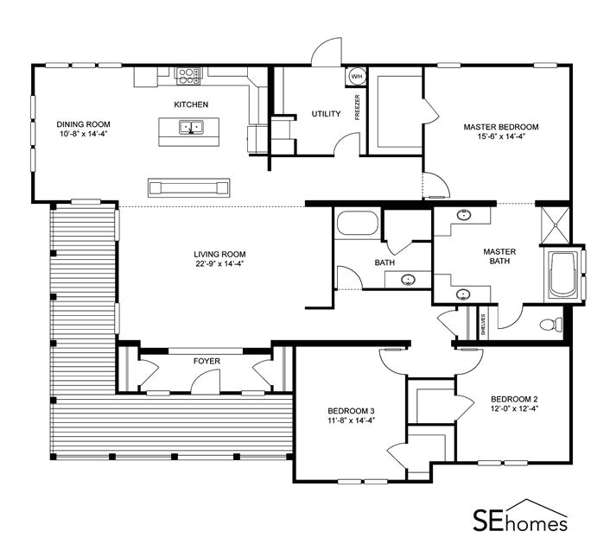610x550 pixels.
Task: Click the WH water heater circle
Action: pos(356,76)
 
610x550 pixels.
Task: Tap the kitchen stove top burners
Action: pos(189,76)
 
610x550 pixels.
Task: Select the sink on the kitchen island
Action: pos(191,127)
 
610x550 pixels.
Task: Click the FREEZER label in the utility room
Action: pos(357,107)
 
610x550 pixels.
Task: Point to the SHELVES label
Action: pos(483,325)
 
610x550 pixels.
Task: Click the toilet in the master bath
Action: pos(551,324)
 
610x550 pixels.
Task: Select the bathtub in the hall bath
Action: pos(358,223)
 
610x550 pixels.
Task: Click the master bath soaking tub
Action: pos(563,275)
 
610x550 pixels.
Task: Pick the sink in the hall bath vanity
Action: pos(408,280)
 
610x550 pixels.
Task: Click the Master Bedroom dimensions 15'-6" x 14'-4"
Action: pos(501,136)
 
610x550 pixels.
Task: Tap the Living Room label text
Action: pos(219,254)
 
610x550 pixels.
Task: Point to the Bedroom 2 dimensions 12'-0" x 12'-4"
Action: pos(514,408)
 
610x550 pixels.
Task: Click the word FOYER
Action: pos(207,361)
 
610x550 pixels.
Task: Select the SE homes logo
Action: pos(520,515)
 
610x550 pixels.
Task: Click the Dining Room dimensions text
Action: pos(83,134)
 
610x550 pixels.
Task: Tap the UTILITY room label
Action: pos(326,114)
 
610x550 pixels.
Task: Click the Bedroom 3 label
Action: pos(351,411)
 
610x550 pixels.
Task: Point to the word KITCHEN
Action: pos(191,104)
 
